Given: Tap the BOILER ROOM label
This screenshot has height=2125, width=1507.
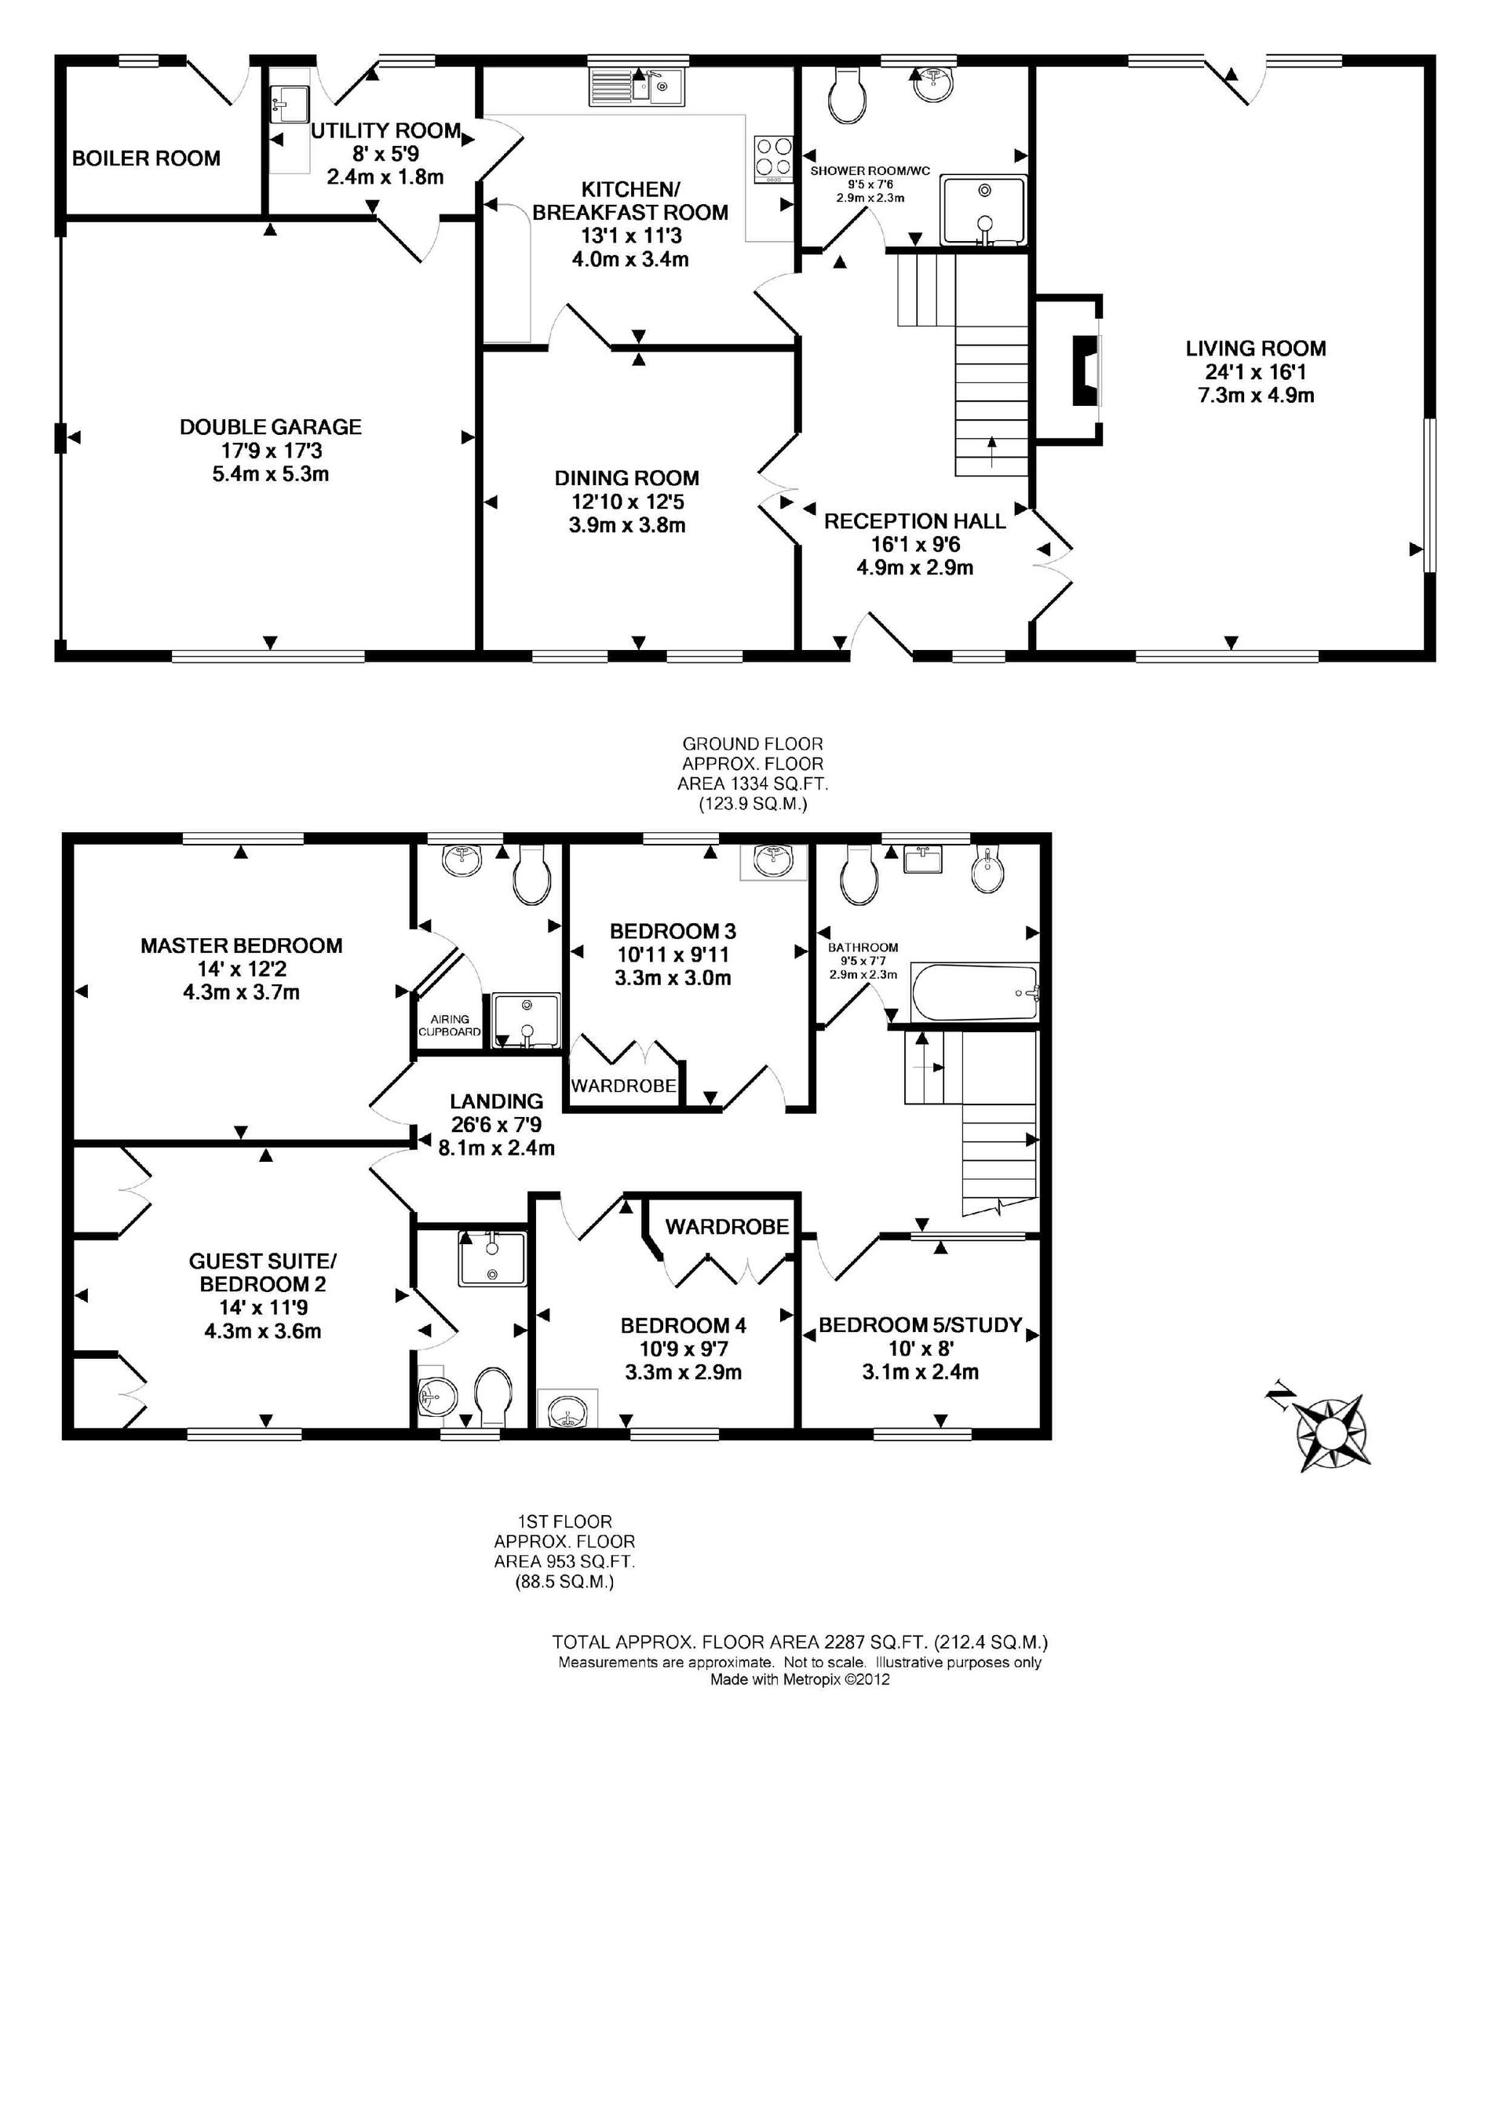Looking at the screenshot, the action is [147, 159].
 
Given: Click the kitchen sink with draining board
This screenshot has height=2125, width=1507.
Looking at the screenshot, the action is [637, 86].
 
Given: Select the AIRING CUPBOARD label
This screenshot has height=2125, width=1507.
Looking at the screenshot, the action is [450, 1025].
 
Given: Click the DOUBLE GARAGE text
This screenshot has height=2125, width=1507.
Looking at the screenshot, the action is [271, 427].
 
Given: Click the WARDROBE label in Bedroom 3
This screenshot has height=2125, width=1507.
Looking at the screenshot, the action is [623, 1086].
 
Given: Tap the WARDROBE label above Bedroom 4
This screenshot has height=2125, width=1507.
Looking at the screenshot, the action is [728, 1227].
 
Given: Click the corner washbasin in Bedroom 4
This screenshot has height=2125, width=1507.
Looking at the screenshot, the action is [567, 1408].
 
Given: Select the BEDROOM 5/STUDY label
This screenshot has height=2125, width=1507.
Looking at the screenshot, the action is [921, 1325].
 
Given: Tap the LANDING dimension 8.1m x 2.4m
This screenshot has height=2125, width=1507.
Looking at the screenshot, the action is [497, 1148].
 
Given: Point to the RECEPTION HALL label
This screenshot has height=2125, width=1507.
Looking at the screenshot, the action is [915, 521].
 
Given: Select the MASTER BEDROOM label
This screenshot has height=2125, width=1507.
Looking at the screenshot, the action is [241, 946].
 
